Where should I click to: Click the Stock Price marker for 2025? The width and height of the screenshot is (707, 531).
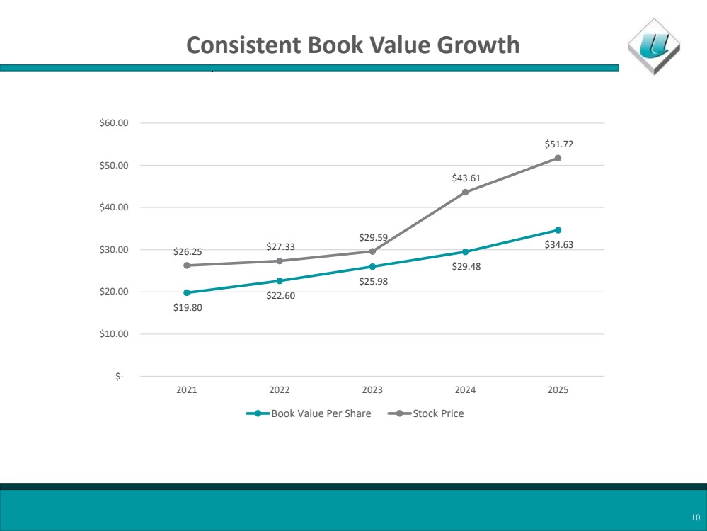pos(558,159)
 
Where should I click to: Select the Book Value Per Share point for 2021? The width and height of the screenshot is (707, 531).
pos(187,293)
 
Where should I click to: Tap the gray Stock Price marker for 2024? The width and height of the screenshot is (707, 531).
pos(466,192)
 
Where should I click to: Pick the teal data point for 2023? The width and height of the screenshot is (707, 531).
pos(372,267)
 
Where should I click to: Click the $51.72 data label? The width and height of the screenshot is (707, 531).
pos(558,144)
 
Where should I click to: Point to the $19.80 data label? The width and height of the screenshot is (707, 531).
pos(188,308)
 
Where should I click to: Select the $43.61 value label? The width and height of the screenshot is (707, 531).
pos(466,178)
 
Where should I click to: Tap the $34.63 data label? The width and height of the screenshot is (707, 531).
pos(558,245)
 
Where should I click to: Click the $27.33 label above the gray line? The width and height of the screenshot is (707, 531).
pos(280,247)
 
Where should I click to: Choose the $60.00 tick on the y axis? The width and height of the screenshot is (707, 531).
pos(114,122)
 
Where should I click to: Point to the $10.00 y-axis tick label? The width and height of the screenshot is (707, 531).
pos(114,334)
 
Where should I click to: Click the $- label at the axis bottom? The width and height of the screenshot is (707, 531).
pos(119,376)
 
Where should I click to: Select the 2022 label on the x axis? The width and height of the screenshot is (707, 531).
pos(280,390)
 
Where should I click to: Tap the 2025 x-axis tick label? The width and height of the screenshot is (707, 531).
pos(558,390)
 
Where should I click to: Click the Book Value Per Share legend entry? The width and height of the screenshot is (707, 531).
pos(309,413)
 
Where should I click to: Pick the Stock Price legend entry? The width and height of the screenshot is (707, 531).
pos(425,413)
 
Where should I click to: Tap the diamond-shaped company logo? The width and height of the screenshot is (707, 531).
pos(654,46)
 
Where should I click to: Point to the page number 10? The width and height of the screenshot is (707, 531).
pos(696,518)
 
